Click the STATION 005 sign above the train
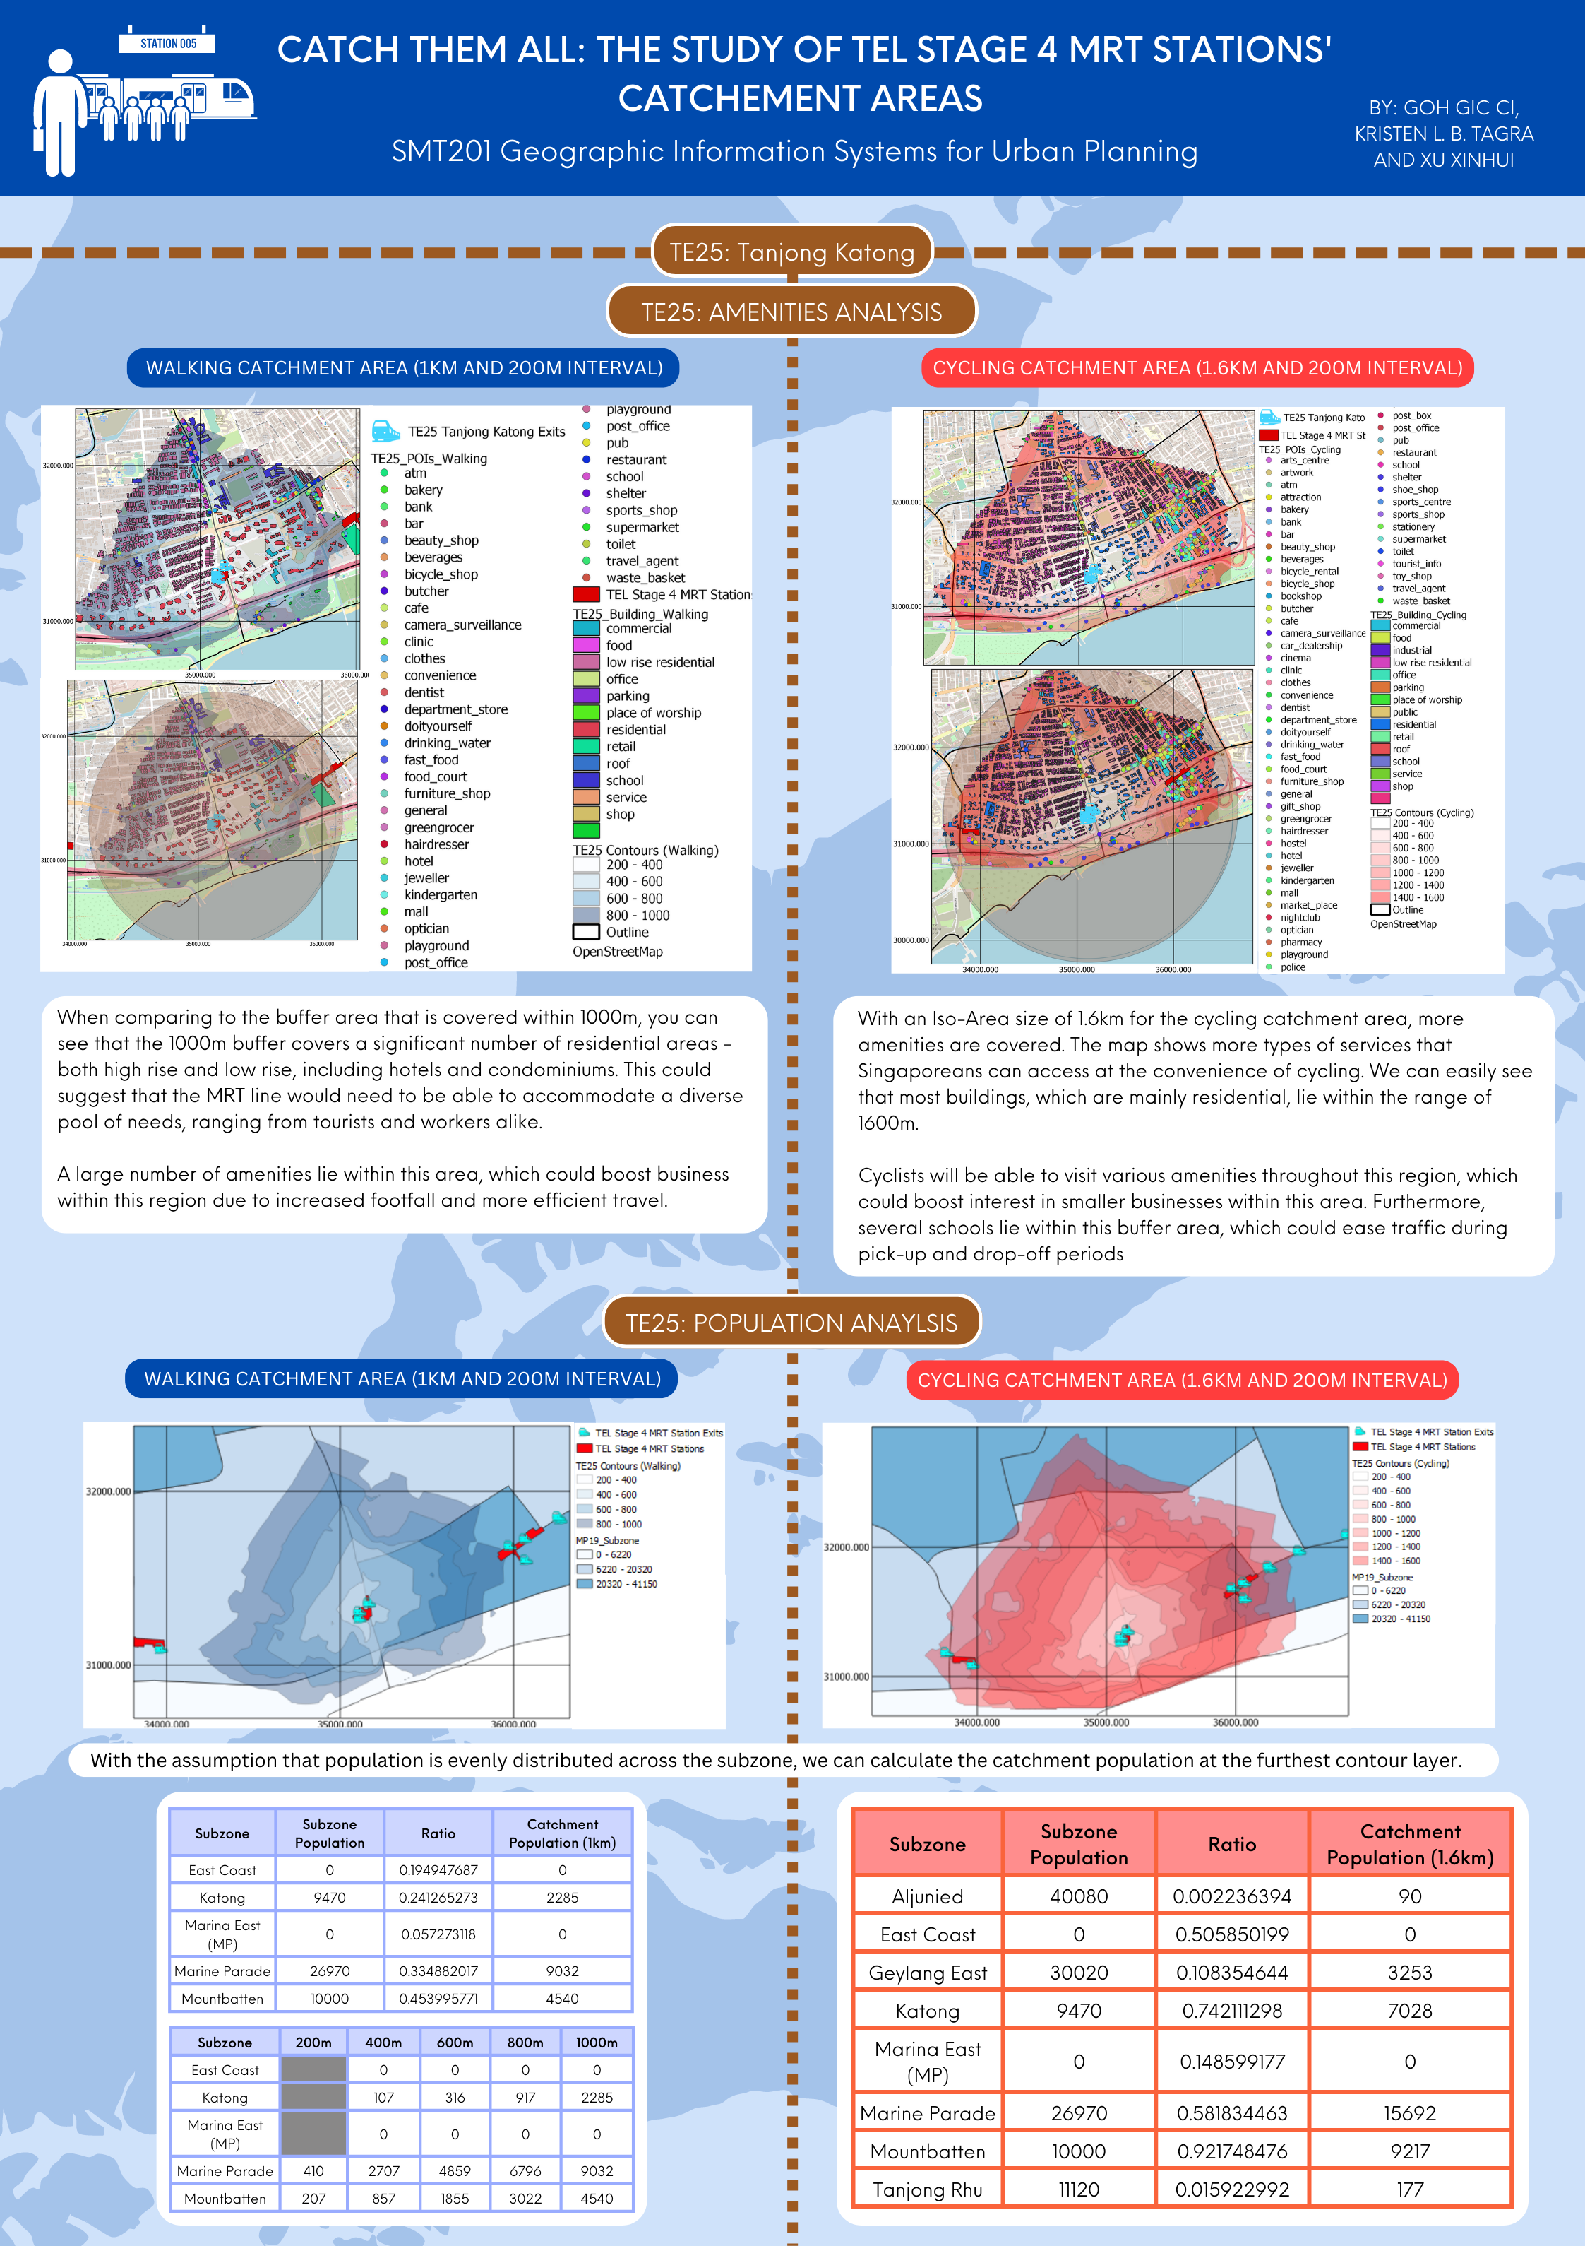[x=167, y=43]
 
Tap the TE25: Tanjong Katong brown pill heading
[x=792, y=252]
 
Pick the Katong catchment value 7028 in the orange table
[x=1409, y=2010]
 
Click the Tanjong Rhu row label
[x=927, y=2189]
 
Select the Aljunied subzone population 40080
[x=1079, y=1896]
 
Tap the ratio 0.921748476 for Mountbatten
[x=1231, y=2151]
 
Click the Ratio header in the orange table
[x=1231, y=1844]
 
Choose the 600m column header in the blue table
[x=455, y=2043]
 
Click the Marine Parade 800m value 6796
[x=525, y=2170]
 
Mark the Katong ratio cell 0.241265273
[x=438, y=1897]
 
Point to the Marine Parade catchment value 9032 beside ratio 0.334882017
[x=562, y=1971]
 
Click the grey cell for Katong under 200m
[x=313, y=2098]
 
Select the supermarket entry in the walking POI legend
[x=642, y=527]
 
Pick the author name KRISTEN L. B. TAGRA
[x=1443, y=134]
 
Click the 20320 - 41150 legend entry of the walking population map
[x=626, y=1584]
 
